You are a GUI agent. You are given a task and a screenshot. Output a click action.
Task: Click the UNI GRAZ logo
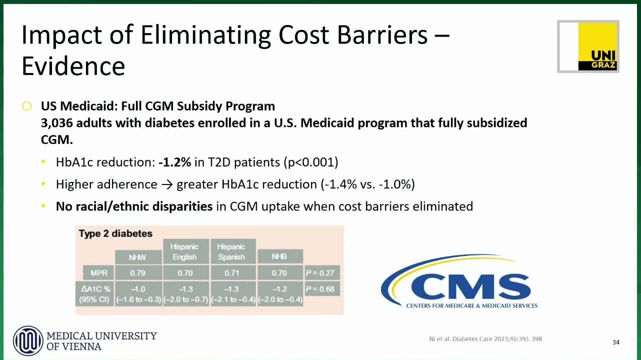pos(588,46)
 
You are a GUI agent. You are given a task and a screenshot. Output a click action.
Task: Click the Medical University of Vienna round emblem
pos(28,340)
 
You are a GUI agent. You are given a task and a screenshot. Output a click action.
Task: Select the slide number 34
pos(616,342)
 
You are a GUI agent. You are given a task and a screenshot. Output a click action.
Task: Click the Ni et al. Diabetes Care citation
pos(485,339)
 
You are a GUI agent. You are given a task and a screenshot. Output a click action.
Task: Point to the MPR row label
pos(98,272)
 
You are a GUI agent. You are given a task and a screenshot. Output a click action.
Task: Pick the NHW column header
pos(137,257)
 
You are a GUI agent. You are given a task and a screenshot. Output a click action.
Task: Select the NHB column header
pos(279,256)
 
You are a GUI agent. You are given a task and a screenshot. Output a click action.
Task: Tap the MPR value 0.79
pos(137,272)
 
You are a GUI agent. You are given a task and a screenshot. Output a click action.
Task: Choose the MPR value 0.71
pos(232,272)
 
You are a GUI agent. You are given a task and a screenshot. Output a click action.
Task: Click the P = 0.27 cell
pos(320,272)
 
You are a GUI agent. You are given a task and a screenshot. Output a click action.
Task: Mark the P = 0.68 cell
pos(320,288)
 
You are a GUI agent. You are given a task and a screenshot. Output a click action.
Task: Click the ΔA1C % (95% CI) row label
pos(94,294)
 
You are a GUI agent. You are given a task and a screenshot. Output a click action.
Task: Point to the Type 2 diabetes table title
pos(115,233)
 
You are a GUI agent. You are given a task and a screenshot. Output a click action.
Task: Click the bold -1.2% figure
pos(174,162)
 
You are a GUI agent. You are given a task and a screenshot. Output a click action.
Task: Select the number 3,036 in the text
pos(56,123)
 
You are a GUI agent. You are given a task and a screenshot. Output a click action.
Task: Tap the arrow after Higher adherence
pos(167,184)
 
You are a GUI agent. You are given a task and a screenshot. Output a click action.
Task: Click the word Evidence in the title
pos(73,66)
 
